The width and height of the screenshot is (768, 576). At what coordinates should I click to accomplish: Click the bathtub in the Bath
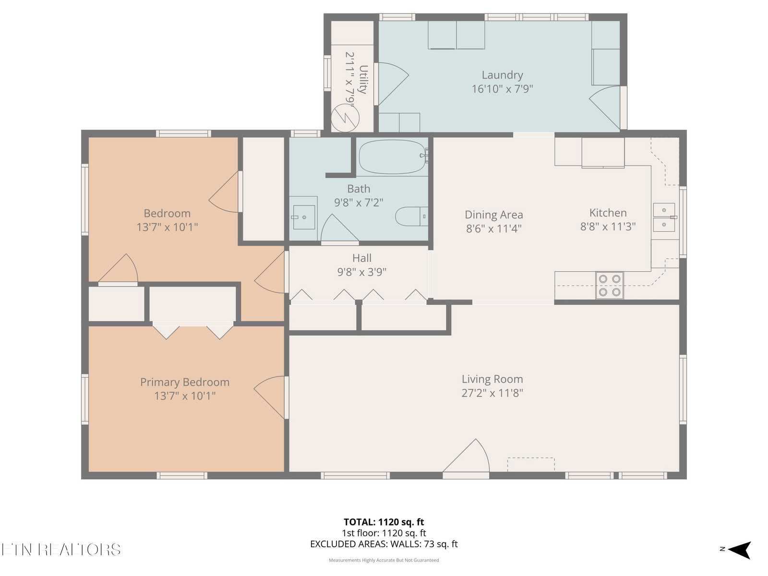392,156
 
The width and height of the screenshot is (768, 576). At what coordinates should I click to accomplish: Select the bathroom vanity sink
304,217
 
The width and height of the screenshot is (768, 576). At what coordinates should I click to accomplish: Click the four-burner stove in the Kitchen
610,286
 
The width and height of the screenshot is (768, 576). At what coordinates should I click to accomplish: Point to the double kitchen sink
664,217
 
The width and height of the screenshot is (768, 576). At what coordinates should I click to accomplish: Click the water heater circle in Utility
345,118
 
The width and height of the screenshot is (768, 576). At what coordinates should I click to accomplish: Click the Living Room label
492,379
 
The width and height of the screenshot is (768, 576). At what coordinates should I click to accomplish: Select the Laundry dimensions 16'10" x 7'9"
502,89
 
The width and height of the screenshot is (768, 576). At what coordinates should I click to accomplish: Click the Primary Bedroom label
185,382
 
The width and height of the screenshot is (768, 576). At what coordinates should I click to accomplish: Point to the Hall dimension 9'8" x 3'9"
362,272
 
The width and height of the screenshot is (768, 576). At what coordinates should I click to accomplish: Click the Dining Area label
494,215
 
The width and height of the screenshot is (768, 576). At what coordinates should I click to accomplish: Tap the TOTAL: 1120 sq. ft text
384,522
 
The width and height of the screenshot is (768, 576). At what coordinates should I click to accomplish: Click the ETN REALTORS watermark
61,550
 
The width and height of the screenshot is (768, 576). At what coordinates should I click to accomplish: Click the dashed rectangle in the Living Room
531,464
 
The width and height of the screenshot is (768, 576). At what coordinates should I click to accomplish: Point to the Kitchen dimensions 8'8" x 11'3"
608,227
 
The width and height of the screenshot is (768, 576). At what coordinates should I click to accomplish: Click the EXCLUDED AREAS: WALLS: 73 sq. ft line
384,544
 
